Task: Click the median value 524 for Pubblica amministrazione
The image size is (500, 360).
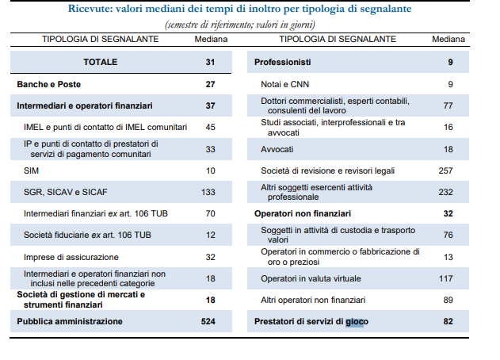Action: pyautogui.click(x=208, y=321)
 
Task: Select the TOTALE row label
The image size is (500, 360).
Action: pyautogui.click(x=101, y=62)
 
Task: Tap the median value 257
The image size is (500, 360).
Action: pyautogui.click(x=445, y=170)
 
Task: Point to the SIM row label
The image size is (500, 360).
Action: pyautogui.click(x=31, y=170)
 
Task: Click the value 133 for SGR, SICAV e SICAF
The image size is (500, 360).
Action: pyautogui.click(x=208, y=192)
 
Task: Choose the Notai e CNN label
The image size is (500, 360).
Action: pyautogui.click(x=284, y=84)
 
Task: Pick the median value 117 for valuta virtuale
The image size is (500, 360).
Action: pyautogui.click(x=446, y=278)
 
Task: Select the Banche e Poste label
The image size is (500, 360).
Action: pyautogui.click(x=49, y=84)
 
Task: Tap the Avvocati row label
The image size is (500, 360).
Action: pyautogui.click(x=277, y=149)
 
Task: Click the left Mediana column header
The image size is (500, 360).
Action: pyautogui.click(x=211, y=40)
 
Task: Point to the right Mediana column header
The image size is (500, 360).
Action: pyautogui.click(x=448, y=40)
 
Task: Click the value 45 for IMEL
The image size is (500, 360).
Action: pyautogui.click(x=211, y=127)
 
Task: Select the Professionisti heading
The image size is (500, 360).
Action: pyautogui.click(x=283, y=62)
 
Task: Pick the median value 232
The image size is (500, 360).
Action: pyautogui.click(x=446, y=192)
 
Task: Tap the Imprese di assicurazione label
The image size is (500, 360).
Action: pyautogui.click(x=71, y=257)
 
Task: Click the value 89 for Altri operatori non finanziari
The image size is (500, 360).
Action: pyautogui.click(x=448, y=300)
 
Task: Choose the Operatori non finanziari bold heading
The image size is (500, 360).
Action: pyautogui.click(x=303, y=213)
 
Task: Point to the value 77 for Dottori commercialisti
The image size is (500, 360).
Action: pyautogui.click(x=448, y=105)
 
